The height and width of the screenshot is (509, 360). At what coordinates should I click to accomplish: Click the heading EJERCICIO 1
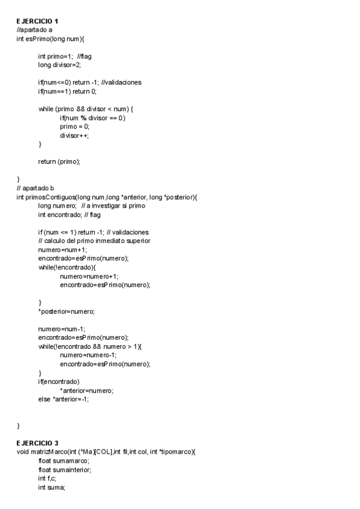[37, 22]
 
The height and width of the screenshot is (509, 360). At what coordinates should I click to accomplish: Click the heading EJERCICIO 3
[37, 444]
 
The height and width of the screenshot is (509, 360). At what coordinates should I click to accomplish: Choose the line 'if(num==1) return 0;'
[67, 91]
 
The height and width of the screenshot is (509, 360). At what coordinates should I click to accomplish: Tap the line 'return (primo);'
[59, 161]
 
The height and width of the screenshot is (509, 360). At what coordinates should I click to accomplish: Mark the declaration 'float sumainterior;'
[65, 470]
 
